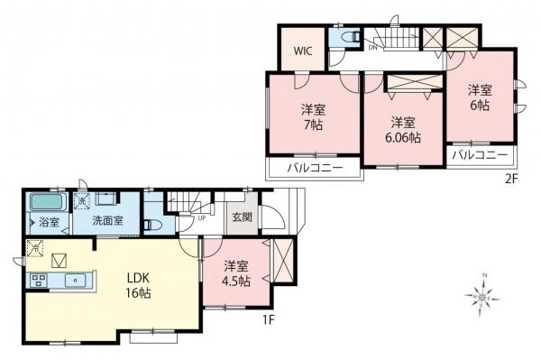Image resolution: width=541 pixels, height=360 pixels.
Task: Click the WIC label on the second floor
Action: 302,51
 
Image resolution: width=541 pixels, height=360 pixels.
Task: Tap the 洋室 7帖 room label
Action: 313,117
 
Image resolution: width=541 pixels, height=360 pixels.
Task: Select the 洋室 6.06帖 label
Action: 403,129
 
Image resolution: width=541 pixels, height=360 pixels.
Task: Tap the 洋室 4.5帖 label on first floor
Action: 235,272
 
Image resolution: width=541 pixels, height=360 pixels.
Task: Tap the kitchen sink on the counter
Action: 73,281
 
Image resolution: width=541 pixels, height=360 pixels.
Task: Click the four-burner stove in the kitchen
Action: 39,281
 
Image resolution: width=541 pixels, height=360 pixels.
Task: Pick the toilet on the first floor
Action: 154,224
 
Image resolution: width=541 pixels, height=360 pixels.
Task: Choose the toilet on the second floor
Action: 348,38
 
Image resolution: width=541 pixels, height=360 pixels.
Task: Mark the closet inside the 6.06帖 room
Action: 410,83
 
